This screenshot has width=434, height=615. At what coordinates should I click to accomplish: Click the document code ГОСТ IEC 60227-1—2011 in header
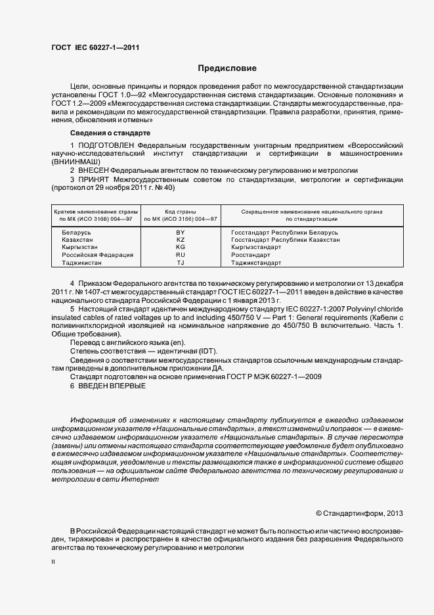pos(95,48)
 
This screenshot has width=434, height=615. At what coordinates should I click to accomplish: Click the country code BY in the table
pos(181,233)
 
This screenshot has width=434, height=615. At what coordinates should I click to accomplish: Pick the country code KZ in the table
pos(181,240)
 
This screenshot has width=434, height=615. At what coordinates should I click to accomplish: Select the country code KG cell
pos(181,248)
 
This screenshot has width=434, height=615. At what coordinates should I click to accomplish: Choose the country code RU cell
pos(181,255)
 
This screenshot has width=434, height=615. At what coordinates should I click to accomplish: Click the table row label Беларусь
pos(77,233)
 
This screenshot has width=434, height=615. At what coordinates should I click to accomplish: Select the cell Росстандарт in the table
pos(251,255)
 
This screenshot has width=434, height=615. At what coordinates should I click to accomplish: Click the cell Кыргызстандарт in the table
pos(257,248)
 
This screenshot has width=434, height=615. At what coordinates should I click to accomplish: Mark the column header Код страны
pos(181,212)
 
